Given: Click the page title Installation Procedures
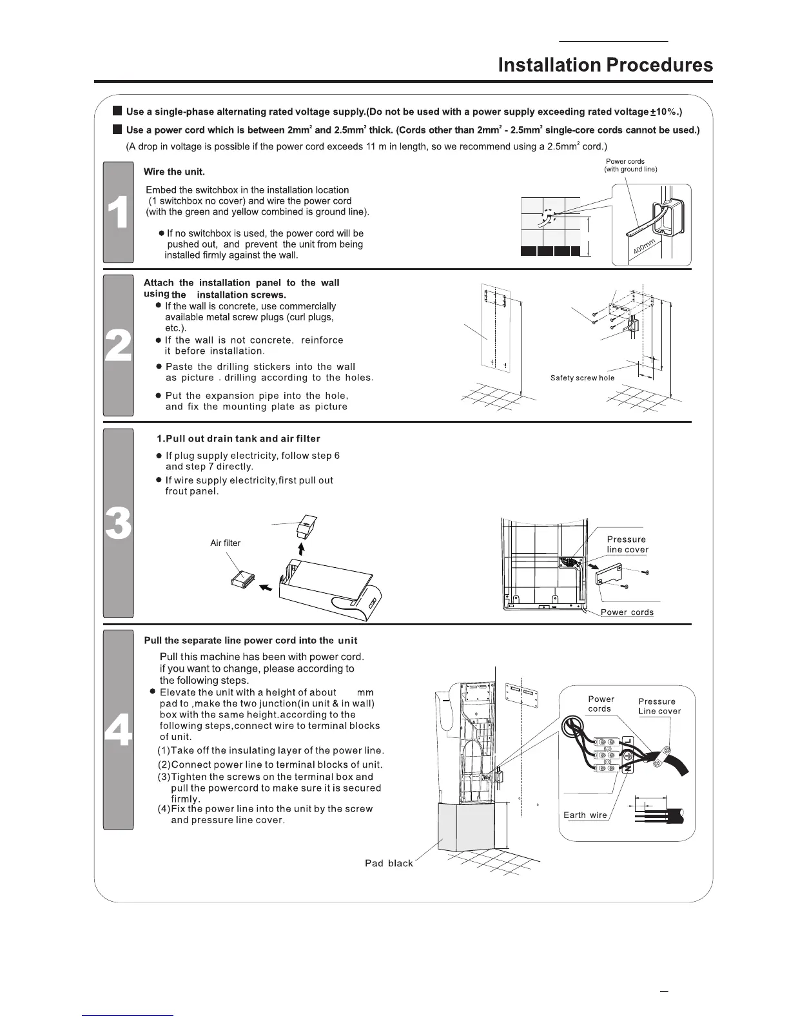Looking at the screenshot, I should click(605, 65).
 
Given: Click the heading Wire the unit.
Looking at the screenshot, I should click(174, 171).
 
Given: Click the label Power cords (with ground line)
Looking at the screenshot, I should click(630, 166).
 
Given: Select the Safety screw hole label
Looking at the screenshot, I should click(582, 378).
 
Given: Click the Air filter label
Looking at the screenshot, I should click(225, 543).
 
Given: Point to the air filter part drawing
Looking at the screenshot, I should click(242, 578).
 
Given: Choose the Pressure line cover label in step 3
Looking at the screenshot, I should click(627, 545).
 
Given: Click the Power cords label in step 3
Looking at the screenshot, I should click(627, 612).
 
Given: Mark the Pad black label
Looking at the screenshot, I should click(389, 863).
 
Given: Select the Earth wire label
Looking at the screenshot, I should click(585, 815).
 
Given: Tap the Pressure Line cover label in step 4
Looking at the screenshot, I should click(659, 706).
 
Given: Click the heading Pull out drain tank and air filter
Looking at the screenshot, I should click(238, 438).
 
